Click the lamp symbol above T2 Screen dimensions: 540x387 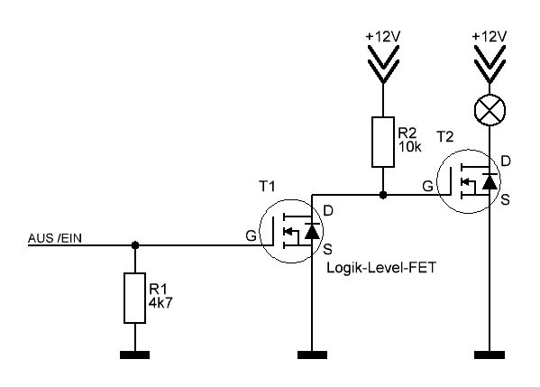click(x=490, y=110)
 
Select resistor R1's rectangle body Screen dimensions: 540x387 click(x=134, y=298)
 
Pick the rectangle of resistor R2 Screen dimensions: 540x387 click(x=383, y=142)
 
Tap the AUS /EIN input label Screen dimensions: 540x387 click(x=55, y=238)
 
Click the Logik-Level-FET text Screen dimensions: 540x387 click(x=381, y=268)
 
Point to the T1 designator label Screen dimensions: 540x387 click(x=267, y=187)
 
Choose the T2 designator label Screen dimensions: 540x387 click(x=445, y=137)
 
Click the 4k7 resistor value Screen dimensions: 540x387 click(x=160, y=302)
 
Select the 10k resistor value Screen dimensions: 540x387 click(x=410, y=147)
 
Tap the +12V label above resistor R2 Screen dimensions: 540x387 click(x=383, y=36)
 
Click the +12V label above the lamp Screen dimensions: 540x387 click(x=490, y=36)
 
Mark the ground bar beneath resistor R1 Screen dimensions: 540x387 click(x=134, y=355)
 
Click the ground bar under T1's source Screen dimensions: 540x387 click(x=312, y=355)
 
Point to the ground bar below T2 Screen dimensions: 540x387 click(x=490, y=355)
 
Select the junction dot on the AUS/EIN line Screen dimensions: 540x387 click(x=135, y=245)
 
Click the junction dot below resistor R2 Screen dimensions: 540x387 click(x=383, y=195)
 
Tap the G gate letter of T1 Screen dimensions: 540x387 click(x=251, y=235)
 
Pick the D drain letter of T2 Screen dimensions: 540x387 click(x=505, y=161)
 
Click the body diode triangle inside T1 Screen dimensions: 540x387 click(x=312, y=231)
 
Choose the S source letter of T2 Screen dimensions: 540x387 click(x=505, y=199)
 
